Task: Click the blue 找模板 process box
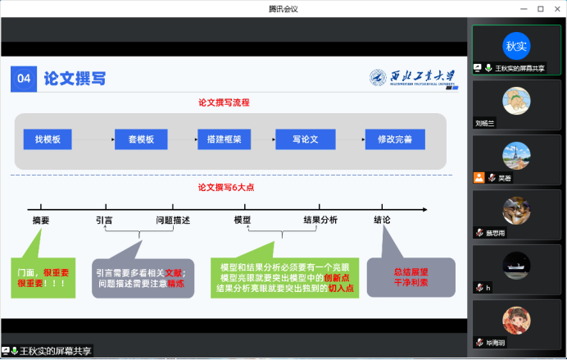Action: point(48,139)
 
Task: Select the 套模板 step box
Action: point(141,139)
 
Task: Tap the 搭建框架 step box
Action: point(224,139)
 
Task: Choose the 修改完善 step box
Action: point(395,139)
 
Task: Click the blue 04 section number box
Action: point(23,79)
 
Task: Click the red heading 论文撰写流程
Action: point(224,103)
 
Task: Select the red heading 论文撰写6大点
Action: point(226,187)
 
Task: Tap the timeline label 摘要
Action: point(40,220)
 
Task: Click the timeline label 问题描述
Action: point(173,220)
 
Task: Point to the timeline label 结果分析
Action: point(320,220)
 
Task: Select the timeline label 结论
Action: point(382,220)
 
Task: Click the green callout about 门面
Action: point(42,276)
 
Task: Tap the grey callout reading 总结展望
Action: point(411,276)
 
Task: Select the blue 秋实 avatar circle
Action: point(516,45)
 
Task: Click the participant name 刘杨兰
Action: point(487,123)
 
